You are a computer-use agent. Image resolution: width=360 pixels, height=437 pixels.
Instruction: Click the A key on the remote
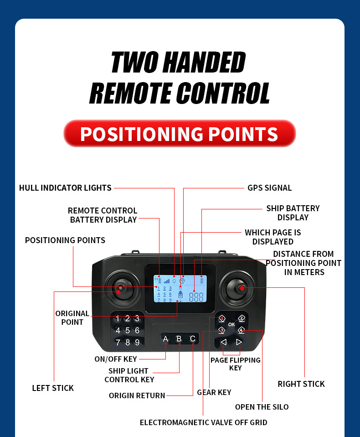click(165, 339)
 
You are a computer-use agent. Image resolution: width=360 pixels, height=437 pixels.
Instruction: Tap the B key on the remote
click(179, 339)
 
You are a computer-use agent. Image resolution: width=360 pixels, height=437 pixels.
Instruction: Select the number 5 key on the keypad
click(128, 331)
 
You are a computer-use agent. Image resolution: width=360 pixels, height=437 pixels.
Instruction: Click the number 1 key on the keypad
click(118, 319)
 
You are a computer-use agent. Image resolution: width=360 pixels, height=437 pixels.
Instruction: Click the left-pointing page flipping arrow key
click(223, 342)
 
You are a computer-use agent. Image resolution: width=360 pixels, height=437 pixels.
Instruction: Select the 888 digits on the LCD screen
click(196, 297)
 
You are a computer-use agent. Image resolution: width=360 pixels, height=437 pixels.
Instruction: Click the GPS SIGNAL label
click(269, 188)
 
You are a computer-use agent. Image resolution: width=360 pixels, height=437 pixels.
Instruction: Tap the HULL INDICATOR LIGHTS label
click(65, 188)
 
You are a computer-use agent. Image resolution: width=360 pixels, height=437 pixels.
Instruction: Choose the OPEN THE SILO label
click(262, 407)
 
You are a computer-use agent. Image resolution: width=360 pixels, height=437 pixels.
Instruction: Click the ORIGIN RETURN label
click(137, 395)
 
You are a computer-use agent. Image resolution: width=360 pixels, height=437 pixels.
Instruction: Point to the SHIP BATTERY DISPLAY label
click(293, 213)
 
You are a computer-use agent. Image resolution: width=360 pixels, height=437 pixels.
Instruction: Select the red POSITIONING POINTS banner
click(180, 134)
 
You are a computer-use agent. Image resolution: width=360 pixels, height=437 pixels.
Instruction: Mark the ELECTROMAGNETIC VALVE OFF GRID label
click(203, 422)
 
